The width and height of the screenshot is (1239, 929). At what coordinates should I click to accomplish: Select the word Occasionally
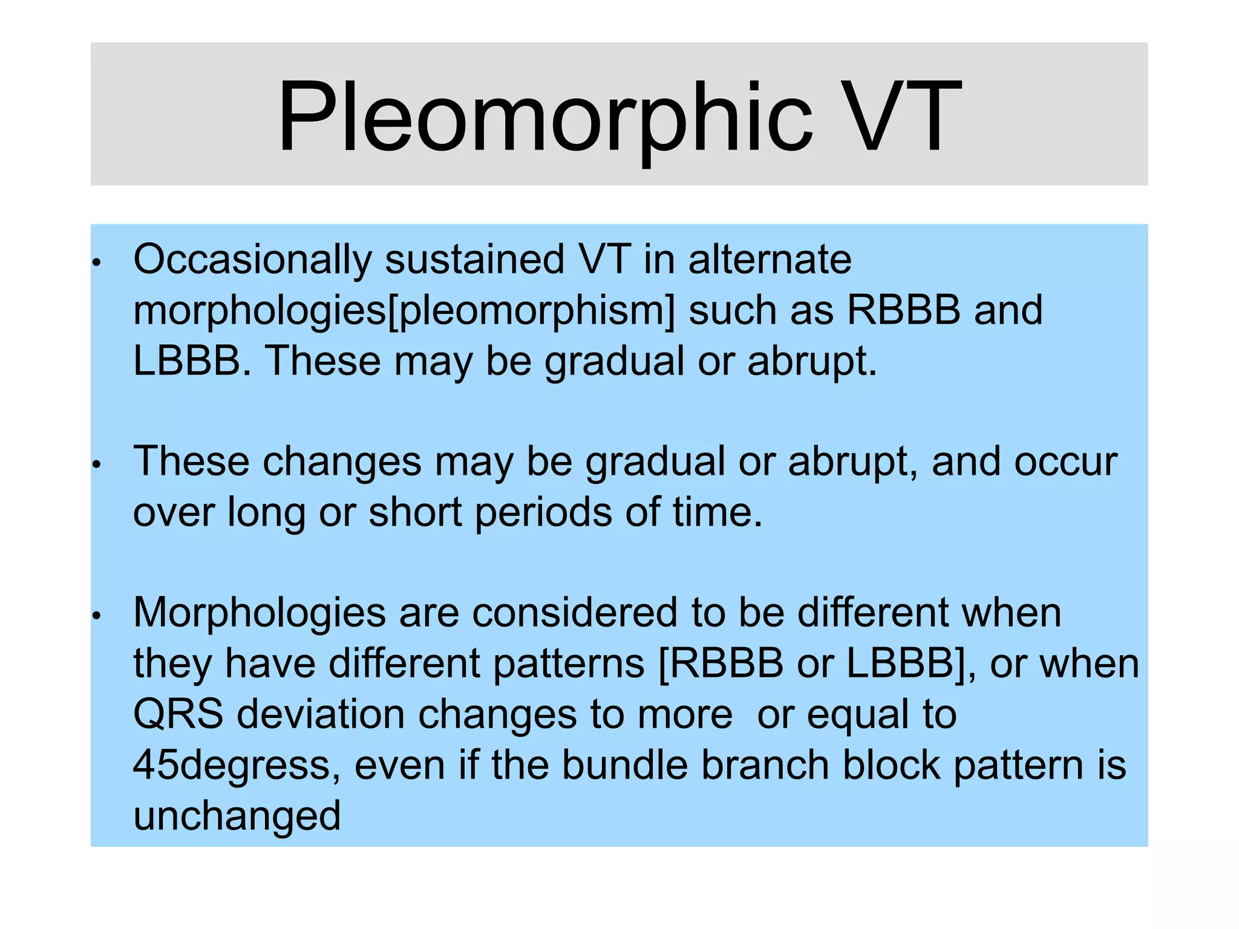click(x=252, y=260)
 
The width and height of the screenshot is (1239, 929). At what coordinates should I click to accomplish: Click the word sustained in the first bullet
click(x=474, y=260)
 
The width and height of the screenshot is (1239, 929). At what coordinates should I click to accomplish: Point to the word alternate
click(x=770, y=260)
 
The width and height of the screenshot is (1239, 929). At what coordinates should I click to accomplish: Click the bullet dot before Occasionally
click(x=96, y=264)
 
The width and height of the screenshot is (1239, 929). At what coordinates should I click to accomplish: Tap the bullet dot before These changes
click(x=96, y=465)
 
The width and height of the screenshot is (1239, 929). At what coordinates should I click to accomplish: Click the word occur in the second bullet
click(x=1065, y=462)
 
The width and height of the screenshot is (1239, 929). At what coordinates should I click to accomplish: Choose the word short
click(x=415, y=513)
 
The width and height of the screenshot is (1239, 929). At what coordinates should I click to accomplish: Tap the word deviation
click(x=320, y=714)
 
